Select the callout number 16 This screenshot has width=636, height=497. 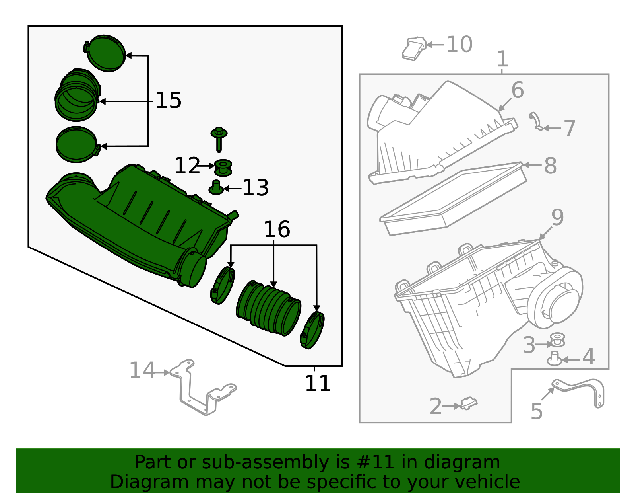coord(277,230)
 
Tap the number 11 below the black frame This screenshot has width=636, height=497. coord(318,384)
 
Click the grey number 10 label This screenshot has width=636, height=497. coord(460,44)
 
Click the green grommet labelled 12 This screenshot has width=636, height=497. coord(223,167)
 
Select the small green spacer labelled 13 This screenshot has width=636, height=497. coord(216,187)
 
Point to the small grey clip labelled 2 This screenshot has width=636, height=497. coord(469,403)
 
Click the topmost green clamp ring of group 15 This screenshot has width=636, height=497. coord(106,53)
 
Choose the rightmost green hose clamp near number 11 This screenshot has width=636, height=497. coord(313,330)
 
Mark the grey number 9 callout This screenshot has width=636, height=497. coord(557,218)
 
